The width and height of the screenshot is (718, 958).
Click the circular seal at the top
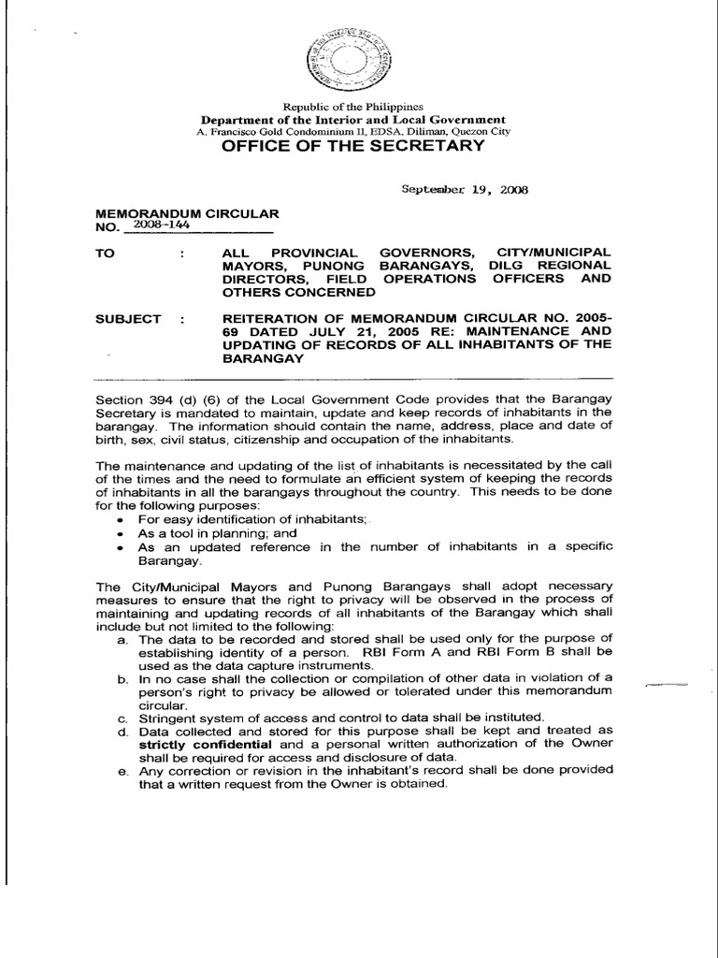pos(347,64)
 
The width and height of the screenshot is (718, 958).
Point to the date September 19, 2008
pos(465,189)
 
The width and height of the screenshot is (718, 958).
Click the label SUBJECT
pos(128,318)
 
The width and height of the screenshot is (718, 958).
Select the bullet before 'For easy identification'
pos(119,518)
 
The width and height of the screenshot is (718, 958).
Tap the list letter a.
pos(122,638)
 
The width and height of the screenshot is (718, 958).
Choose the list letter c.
pos(122,717)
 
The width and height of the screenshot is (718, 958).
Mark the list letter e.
pos(122,770)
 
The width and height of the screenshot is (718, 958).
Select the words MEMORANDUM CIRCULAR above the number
pos(186,214)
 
